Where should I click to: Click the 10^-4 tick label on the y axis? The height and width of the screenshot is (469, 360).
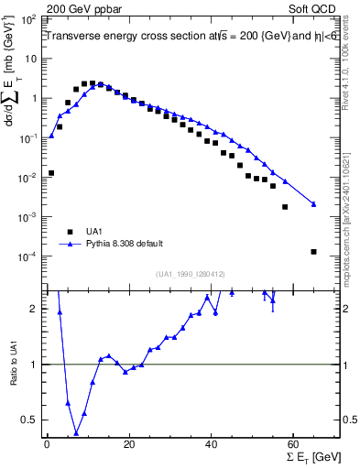click(27, 256)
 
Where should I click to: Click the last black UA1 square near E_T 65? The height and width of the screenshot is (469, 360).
click(313, 252)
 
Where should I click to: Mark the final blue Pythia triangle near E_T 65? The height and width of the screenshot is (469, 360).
click(313, 204)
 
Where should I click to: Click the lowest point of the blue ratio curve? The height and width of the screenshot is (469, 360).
click(76, 433)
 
